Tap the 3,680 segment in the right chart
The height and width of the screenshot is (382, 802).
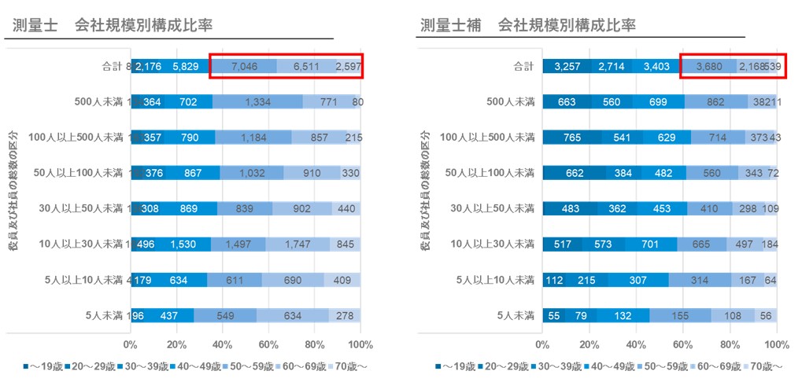708,67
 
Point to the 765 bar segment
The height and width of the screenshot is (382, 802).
571,138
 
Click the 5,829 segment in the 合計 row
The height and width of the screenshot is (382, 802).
185,67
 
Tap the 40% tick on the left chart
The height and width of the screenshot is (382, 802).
223,344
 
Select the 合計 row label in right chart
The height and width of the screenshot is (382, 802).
523,67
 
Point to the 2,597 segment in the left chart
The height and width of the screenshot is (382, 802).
347,67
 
